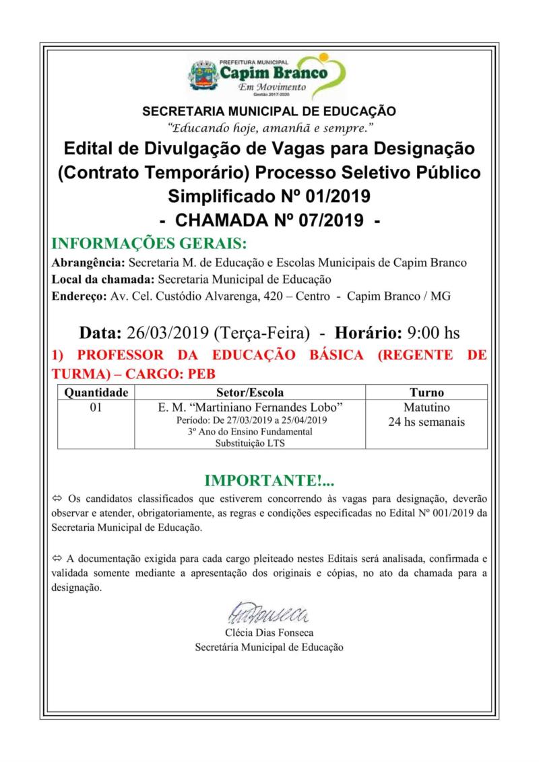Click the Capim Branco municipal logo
[x=269, y=75]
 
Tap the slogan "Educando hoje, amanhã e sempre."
[x=269, y=127]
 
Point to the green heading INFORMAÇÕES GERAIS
[x=149, y=243]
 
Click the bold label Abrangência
[x=88, y=262]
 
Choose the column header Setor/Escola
[x=250, y=392]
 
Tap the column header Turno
[x=426, y=392]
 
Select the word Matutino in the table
[x=426, y=408]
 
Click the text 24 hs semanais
[x=426, y=422]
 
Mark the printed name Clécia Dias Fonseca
[x=269, y=633]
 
